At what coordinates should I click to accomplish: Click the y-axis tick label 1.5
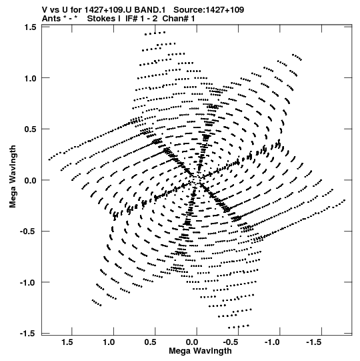pos(30,27)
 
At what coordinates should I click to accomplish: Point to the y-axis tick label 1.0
pos(30,78)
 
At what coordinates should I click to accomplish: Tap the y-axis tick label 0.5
pos(30,129)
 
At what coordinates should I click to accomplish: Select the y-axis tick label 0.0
pos(30,180)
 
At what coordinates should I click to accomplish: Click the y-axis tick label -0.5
pos(28,232)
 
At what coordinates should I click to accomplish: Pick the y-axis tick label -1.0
pos(28,282)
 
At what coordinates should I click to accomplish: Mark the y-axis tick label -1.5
pos(28,334)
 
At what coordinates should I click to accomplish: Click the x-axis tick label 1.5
pos(67,342)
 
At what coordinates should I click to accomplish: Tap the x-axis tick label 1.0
pos(109,342)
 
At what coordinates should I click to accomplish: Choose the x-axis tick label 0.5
pos(151,342)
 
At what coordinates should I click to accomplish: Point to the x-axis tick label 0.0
pos(192,342)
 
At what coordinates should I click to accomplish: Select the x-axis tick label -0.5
pos(231,342)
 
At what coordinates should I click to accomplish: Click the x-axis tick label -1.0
pos(273,342)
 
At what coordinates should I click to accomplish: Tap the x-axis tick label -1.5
pos(315,342)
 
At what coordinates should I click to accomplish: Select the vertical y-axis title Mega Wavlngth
pos(13,177)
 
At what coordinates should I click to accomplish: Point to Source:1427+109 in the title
pos(209,10)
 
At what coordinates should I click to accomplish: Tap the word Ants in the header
pos(51,19)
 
